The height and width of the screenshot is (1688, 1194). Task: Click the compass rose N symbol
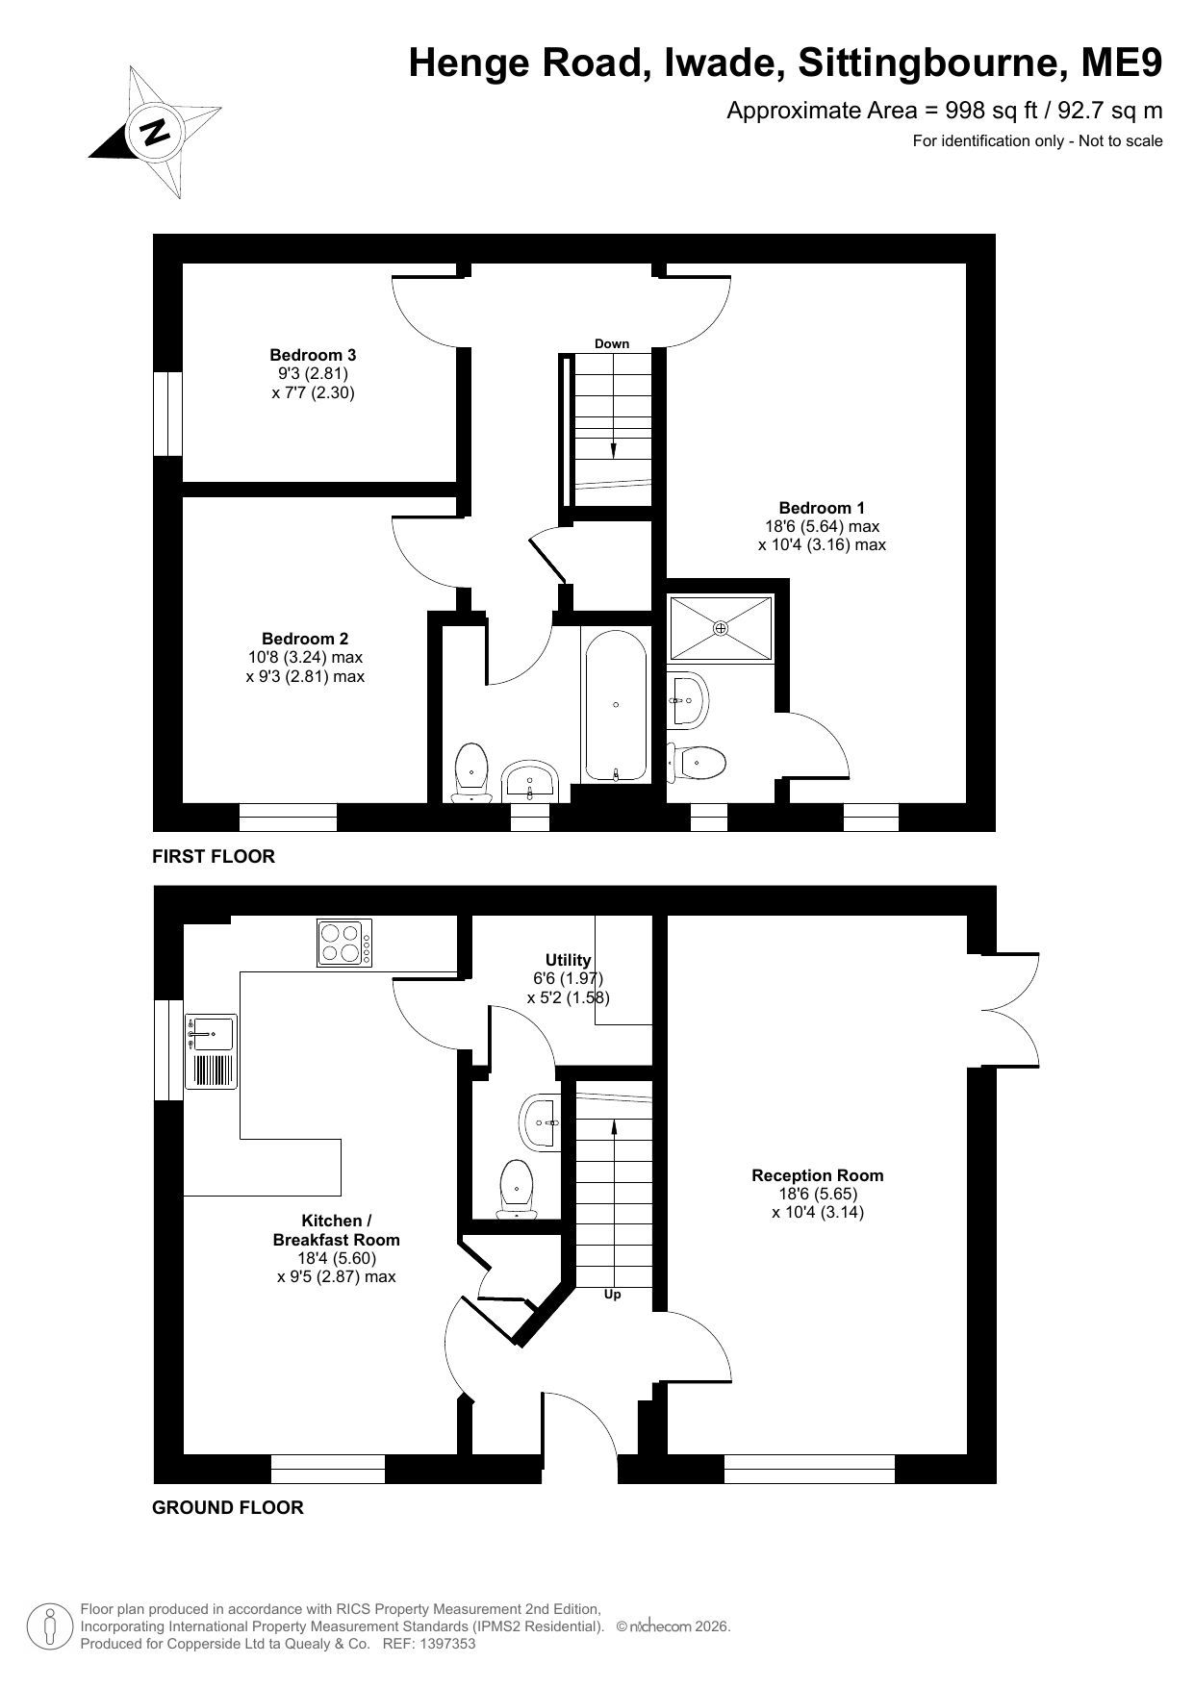coord(155,131)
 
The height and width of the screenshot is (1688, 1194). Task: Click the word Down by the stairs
coord(612,343)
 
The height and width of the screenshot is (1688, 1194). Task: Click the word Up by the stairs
coord(612,1295)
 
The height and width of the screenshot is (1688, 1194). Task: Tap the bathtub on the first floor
coord(616,705)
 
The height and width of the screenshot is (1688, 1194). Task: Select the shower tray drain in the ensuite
coord(721,628)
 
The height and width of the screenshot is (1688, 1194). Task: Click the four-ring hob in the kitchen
coord(344,943)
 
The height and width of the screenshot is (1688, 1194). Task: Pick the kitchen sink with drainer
coord(211,1051)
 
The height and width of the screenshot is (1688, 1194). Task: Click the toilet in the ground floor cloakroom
coord(518,1189)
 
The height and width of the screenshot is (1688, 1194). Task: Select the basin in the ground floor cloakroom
coord(540,1121)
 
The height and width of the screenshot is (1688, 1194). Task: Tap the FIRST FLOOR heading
coord(214,856)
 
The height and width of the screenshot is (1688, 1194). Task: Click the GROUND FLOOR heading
coord(228,1508)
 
